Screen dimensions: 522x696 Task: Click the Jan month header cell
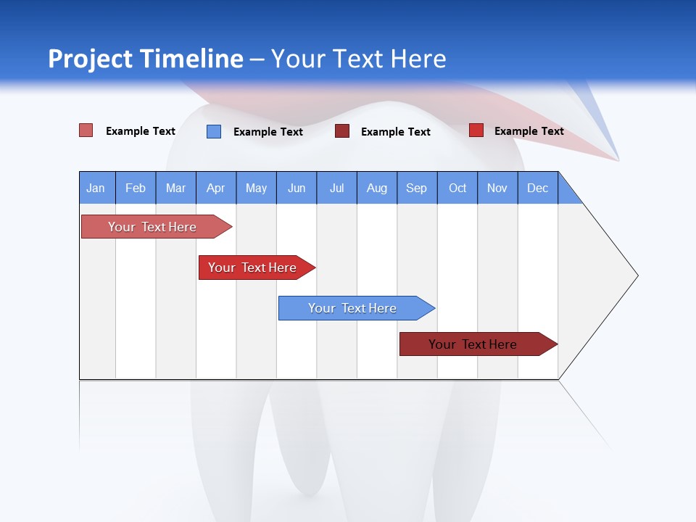coord(96,188)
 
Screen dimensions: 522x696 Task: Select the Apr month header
coord(216,188)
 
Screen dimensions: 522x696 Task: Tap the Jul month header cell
coord(336,188)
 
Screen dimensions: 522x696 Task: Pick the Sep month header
coord(417,188)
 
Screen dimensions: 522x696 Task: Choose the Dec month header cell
coord(537,188)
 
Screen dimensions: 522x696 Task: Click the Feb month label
coord(136,188)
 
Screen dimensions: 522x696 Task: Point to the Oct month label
coord(457,188)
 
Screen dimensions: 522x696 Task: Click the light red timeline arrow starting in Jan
coord(152,227)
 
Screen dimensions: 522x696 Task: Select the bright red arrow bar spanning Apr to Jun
coord(252,268)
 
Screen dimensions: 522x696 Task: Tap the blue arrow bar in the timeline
coord(352,308)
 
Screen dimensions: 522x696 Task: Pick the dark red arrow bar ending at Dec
coord(473,344)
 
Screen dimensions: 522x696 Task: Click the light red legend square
coord(86,130)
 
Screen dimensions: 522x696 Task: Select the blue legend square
coord(214,131)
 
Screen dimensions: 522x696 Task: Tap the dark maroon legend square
coord(342,131)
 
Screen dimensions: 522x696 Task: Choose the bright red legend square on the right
coord(476,130)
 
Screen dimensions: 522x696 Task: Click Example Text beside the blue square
coord(268,132)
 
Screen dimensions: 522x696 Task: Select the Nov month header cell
coord(497,188)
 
